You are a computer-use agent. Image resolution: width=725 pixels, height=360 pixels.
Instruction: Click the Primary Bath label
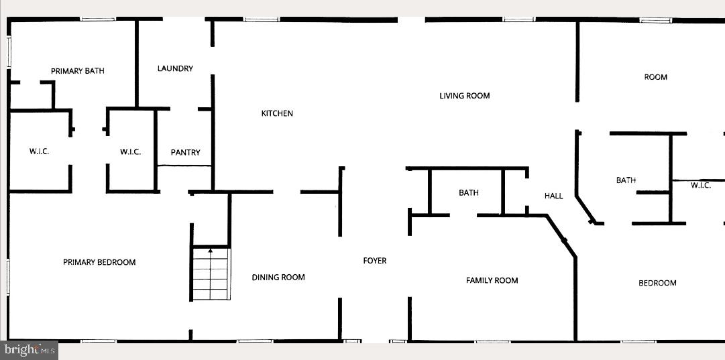[78, 71]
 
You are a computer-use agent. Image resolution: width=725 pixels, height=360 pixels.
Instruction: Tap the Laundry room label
[175, 68]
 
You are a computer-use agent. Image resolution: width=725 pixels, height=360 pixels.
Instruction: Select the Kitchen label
[277, 113]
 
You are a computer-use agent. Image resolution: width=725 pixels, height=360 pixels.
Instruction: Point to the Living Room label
[464, 96]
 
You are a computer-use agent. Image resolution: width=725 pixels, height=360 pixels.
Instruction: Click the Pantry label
[185, 153]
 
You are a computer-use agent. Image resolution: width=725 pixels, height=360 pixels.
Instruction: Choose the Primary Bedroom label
[99, 262]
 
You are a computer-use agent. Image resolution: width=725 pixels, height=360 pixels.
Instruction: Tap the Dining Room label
[278, 278]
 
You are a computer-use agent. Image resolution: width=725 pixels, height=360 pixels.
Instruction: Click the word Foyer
[375, 261]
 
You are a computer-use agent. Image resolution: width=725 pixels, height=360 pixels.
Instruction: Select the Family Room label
[492, 280]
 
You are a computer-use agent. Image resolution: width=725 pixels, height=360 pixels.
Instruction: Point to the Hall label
[553, 196]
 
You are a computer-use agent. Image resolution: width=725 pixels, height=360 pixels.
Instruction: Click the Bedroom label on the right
[657, 283]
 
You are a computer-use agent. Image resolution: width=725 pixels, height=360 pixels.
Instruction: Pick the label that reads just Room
[655, 77]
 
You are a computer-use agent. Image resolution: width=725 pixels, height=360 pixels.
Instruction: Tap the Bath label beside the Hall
[469, 193]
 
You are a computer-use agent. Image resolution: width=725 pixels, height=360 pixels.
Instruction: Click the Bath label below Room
[626, 180]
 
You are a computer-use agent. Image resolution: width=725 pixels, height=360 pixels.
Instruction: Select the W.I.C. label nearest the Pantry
[130, 152]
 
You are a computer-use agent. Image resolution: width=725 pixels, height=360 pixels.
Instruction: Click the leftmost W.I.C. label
[39, 152]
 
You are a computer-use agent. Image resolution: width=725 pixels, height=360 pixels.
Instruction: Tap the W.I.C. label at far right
[701, 186]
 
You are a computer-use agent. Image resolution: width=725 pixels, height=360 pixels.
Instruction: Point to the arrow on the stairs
[211, 251]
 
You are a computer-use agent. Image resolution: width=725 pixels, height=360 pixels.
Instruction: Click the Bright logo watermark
[29, 349]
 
